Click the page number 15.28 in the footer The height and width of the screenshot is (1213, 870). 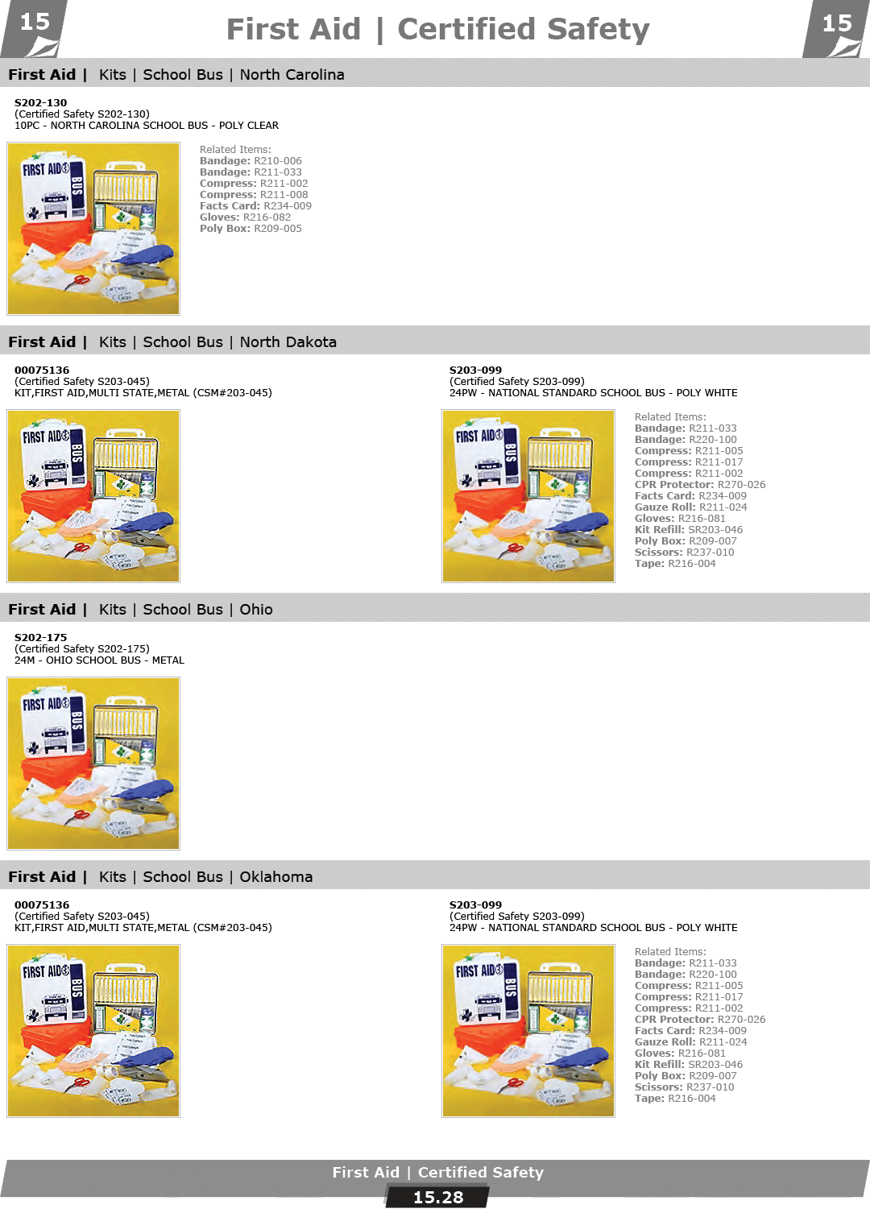click(x=438, y=1197)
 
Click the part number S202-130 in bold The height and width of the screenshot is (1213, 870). click(x=40, y=102)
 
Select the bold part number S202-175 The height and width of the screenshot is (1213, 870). click(x=40, y=637)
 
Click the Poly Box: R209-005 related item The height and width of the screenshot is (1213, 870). click(x=251, y=229)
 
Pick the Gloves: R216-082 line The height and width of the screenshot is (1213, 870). click(x=246, y=217)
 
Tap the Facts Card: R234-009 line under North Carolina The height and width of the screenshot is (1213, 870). click(x=255, y=205)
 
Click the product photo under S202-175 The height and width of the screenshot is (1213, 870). click(x=93, y=764)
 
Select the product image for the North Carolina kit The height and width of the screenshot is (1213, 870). click(x=93, y=229)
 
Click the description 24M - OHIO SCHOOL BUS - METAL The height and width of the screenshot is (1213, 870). click(x=99, y=660)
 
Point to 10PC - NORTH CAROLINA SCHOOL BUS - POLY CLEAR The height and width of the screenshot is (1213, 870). click(x=147, y=126)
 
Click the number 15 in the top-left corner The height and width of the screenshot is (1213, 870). click(x=35, y=23)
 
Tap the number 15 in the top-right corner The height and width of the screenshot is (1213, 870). click(x=837, y=23)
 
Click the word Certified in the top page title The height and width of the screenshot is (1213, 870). click(x=466, y=29)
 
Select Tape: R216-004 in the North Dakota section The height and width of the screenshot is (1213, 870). click(x=675, y=564)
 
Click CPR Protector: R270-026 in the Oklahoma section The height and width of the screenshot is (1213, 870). click(x=700, y=1019)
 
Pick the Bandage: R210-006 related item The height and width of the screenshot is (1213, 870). click(x=251, y=161)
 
